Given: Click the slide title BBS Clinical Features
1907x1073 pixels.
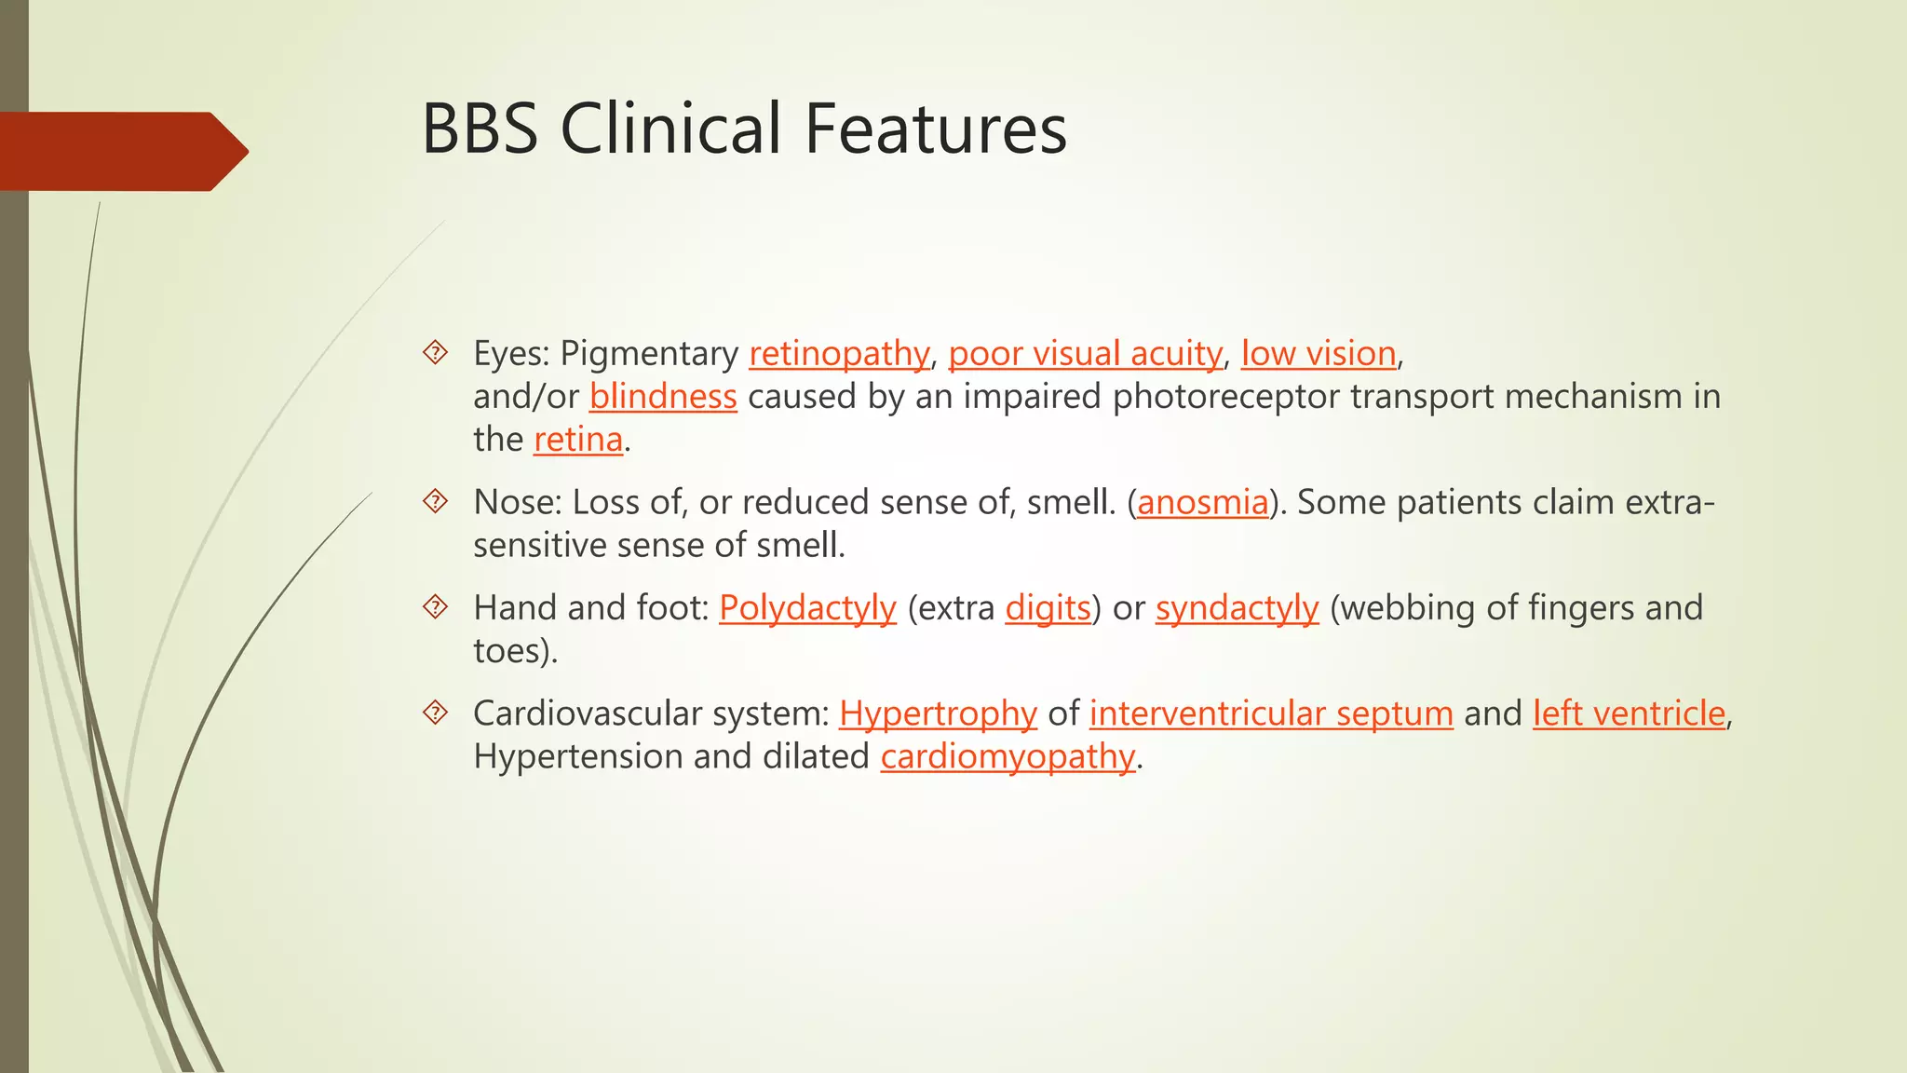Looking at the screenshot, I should click(744, 129).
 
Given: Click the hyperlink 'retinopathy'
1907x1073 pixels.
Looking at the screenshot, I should click(839, 354).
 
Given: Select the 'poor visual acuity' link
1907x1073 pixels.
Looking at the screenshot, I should click(1085, 354).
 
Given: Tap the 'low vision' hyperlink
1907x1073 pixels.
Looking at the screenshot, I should click(1319, 354).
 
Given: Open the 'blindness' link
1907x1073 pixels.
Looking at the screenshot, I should click(663, 397).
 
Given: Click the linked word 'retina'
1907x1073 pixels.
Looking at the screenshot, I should click(578, 440).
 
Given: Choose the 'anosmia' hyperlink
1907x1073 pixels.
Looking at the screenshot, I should click(1203, 503).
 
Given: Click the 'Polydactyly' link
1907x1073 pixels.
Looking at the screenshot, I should click(807, 608).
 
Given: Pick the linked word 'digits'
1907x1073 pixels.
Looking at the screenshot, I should click(1048, 608).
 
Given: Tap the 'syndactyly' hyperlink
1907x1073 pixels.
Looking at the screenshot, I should click(1237, 608).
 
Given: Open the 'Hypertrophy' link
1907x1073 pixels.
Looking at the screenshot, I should click(938, 713).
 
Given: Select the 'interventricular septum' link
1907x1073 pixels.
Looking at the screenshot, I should click(1271, 713).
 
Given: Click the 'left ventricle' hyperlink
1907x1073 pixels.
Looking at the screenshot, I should click(1630, 713).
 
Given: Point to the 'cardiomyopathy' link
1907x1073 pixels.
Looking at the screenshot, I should click(1008, 756).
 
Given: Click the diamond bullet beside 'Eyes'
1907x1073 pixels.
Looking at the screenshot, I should click(435, 353).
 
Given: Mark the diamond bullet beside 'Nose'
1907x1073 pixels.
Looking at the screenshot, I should click(435, 502).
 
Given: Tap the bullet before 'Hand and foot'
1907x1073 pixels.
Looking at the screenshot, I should click(435, 607).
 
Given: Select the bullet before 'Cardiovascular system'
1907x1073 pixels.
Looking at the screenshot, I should click(435, 713).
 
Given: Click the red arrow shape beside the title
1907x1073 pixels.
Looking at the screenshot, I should click(121, 151).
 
